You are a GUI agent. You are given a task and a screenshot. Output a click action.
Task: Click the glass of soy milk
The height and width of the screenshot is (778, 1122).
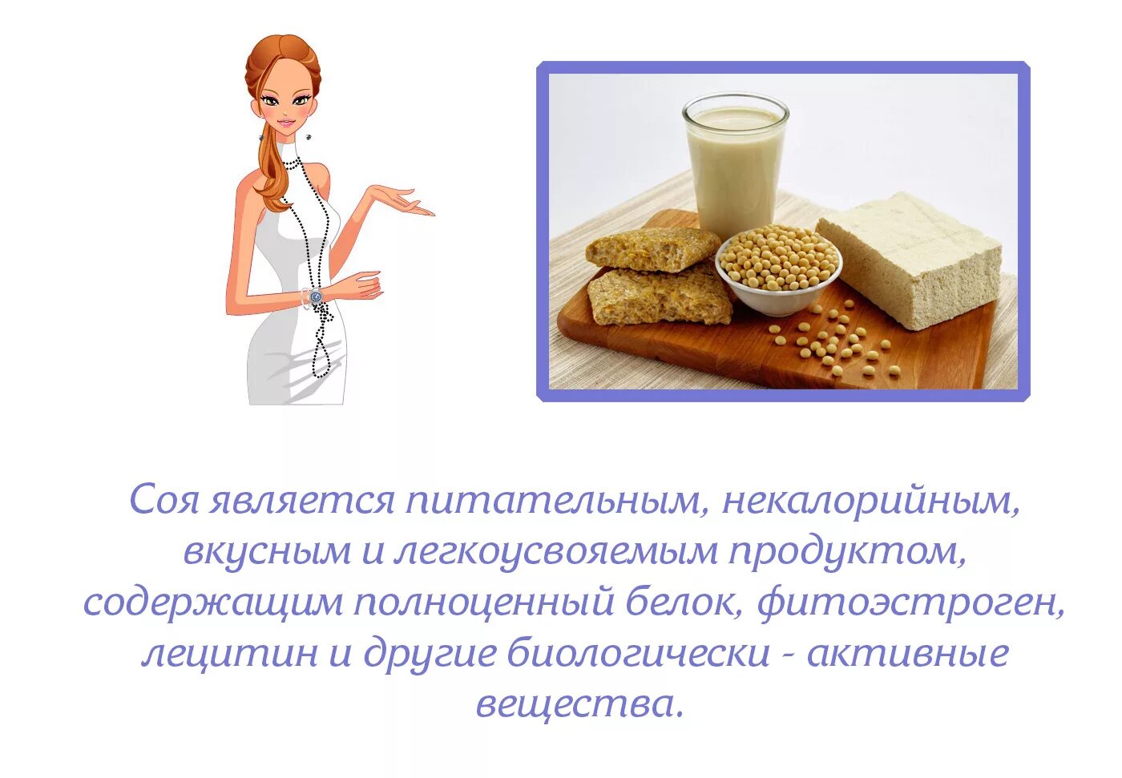click(735, 164)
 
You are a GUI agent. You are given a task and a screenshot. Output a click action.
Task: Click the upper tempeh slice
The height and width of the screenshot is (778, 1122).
click(652, 248)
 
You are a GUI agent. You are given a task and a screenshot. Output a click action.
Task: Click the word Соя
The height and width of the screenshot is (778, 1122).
click(163, 501)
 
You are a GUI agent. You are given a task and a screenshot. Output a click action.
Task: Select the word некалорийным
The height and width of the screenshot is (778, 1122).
click(871, 501)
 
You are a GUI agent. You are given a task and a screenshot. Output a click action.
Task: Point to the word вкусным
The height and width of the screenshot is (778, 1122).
click(268, 552)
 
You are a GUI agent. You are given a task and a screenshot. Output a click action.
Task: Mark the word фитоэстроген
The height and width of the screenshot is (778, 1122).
click(911, 603)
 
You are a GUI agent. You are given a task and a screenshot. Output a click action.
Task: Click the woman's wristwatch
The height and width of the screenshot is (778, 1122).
click(315, 296)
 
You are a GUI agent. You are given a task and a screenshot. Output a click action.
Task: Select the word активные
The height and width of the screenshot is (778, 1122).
click(907, 654)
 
